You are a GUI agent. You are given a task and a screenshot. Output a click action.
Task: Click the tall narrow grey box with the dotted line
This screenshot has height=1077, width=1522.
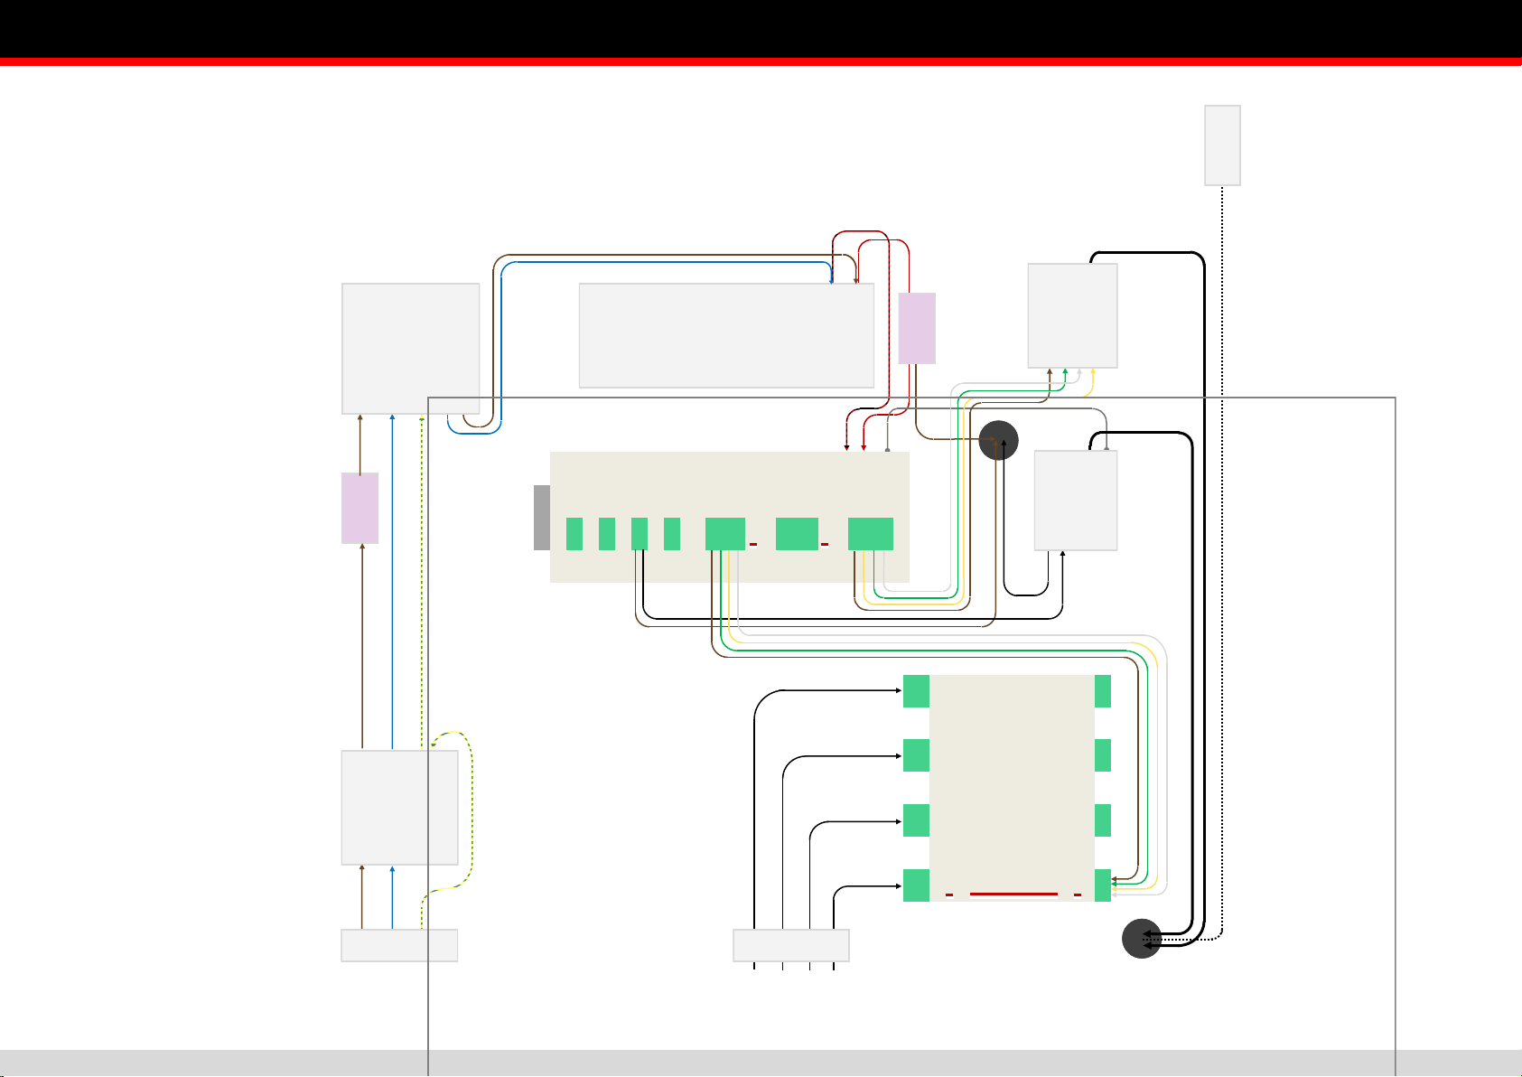tap(1222, 145)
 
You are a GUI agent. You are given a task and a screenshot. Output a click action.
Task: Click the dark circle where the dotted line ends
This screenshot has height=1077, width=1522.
tap(1141, 939)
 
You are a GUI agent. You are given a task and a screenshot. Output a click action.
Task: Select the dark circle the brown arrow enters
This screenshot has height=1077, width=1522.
tap(999, 440)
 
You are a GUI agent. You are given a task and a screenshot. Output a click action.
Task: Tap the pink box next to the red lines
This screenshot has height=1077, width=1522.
tap(917, 328)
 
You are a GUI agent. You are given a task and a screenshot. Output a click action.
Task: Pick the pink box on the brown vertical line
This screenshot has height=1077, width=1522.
tap(359, 508)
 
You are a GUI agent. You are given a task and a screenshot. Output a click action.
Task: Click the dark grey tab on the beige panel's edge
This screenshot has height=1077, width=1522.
tap(542, 518)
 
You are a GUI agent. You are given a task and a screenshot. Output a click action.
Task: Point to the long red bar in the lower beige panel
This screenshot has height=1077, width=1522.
tap(1013, 894)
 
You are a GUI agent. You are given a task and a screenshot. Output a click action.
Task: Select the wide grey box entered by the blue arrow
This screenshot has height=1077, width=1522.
tap(726, 335)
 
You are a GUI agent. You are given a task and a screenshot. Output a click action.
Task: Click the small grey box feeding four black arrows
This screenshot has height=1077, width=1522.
tap(790, 945)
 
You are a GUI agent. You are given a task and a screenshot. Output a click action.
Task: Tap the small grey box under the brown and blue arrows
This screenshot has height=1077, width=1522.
tap(399, 945)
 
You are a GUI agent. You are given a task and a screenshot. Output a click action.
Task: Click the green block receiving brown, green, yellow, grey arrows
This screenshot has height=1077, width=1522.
tap(1103, 885)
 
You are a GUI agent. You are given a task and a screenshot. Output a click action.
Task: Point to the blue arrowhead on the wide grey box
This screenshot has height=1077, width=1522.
tap(831, 282)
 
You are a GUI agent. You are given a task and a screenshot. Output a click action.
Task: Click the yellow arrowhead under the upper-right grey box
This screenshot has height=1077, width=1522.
tap(1093, 370)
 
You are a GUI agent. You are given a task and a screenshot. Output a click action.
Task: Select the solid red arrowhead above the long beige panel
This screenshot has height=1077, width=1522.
tap(864, 447)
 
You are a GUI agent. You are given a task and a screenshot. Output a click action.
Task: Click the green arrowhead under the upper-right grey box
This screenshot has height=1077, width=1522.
tap(1066, 370)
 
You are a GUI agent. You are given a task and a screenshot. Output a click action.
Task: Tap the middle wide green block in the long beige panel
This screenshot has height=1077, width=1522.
tap(797, 534)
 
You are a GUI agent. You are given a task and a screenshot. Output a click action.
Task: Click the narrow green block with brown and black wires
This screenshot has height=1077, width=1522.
tap(640, 534)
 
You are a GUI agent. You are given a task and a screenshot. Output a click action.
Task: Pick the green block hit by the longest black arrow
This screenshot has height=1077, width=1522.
tap(916, 691)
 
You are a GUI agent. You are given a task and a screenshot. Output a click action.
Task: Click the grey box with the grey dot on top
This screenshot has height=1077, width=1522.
tap(1075, 501)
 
